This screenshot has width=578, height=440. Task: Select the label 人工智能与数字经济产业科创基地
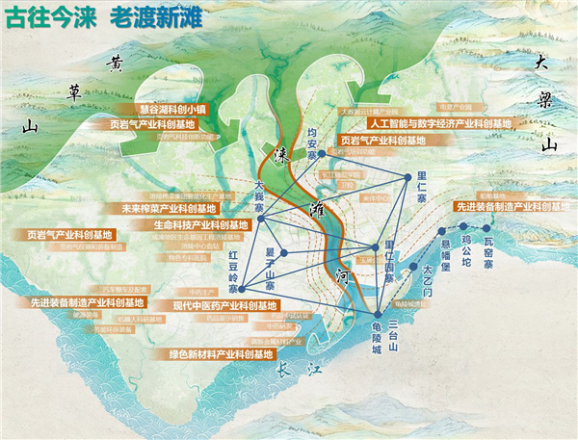(x=438, y=124)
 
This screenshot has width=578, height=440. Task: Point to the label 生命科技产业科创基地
(x=200, y=224)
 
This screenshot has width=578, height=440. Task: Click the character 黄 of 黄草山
(x=117, y=65)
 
